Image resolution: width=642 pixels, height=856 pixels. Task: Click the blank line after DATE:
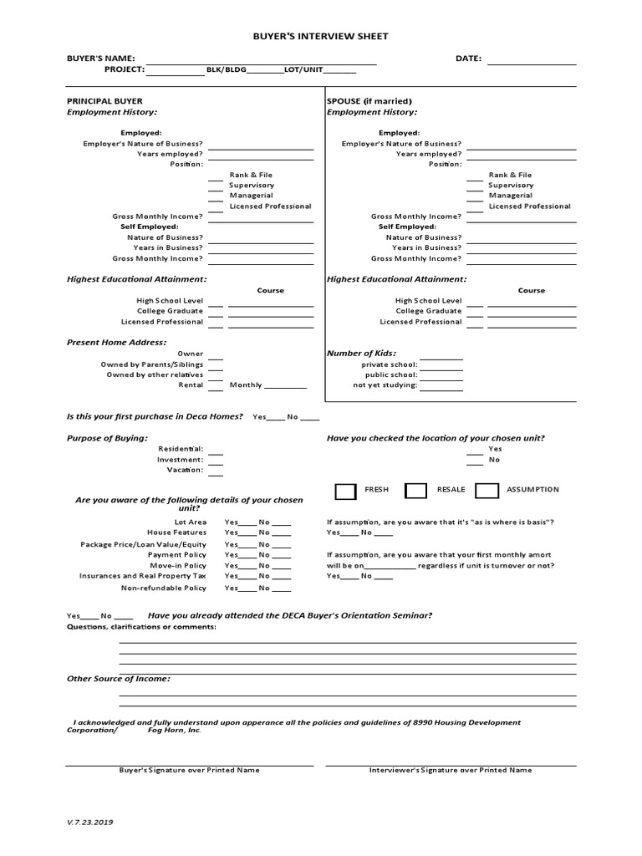pyautogui.click(x=532, y=60)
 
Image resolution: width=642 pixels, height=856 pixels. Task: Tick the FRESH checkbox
pyautogui.click(x=344, y=490)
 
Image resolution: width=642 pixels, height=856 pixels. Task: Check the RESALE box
pyautogui.click(x=415, y=490)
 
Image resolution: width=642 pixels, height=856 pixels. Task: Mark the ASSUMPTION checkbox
pyautogui.click(x=487, y=490)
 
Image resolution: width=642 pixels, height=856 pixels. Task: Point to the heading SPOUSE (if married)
pyautogui.click(x=369, y=101)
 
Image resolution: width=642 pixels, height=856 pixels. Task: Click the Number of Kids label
pyautogui.click(x=361, y=354)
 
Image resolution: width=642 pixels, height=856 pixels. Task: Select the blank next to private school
pyautogui.click(x=441, y=365)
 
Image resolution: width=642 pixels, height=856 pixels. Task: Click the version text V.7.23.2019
pyautogui.click(x=90, y=823)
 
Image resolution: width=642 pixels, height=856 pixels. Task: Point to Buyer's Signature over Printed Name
pyautogui.click(x=189, y=770)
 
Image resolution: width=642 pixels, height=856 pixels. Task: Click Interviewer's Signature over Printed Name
pyautogui.click(x=450, y=770)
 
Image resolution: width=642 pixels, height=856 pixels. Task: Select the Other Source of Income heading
pyautogui.click(x=119, y=679)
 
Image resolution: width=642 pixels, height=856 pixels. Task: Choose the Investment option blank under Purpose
pyautogui.click(x=216, y=459)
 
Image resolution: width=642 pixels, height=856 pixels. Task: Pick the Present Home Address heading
pyautogui.click(x=117, y=342)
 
